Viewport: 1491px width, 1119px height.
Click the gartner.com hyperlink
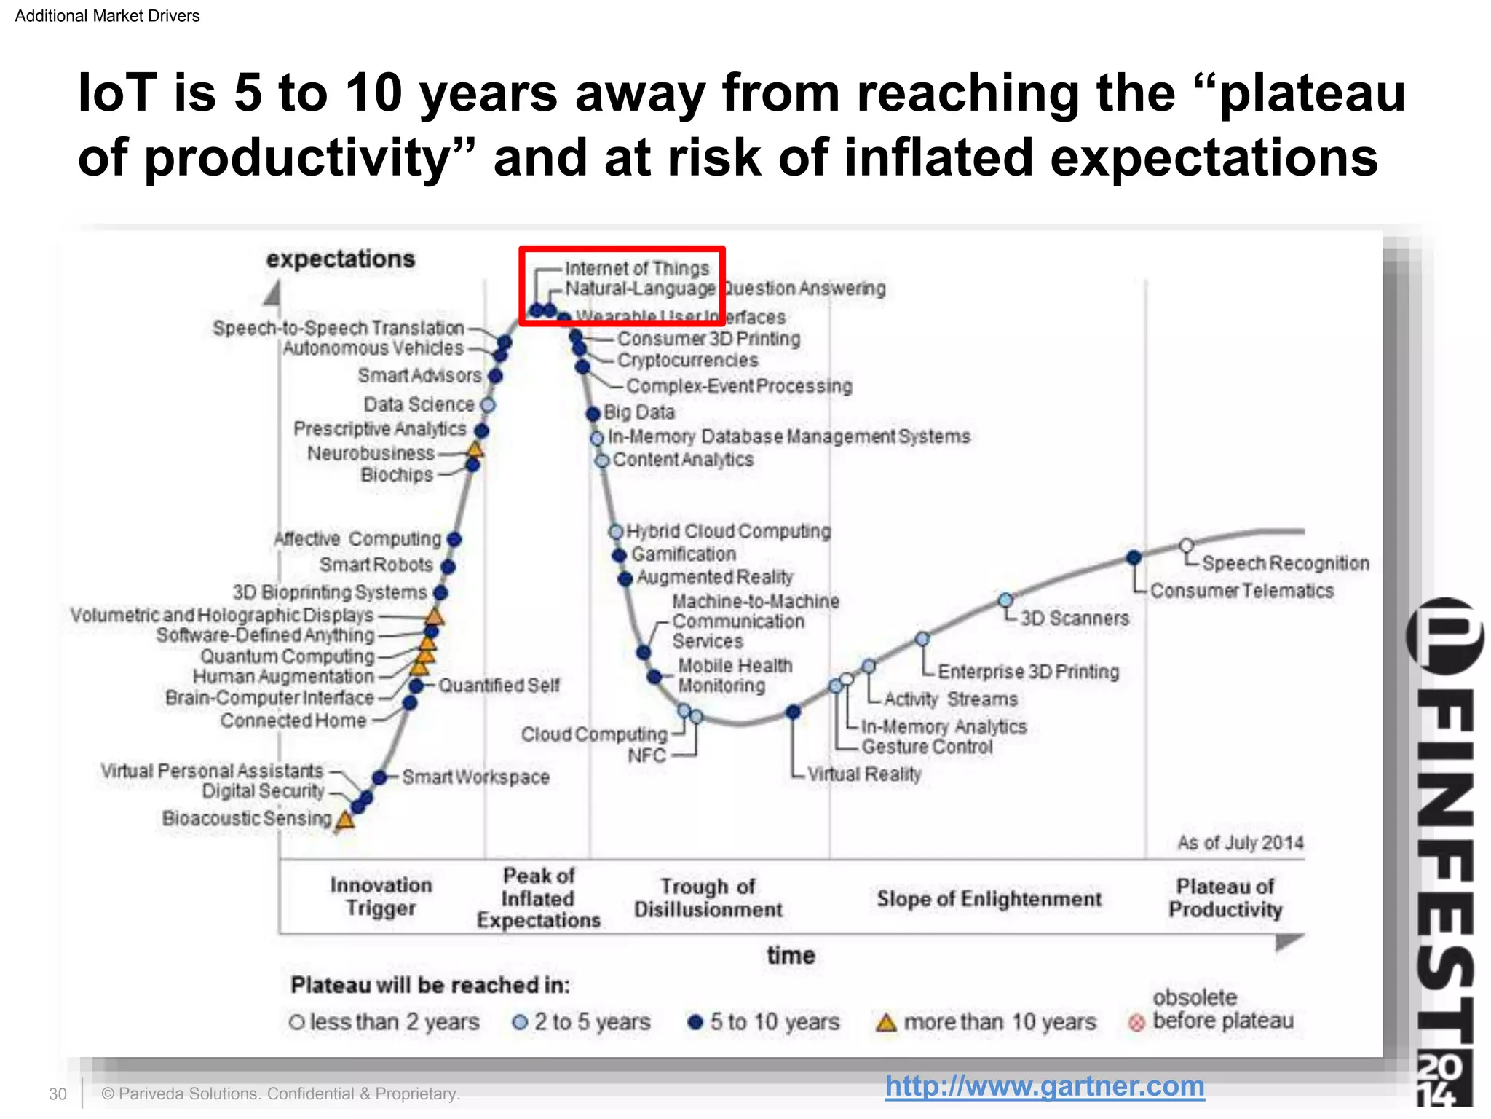tap(1044, 1086)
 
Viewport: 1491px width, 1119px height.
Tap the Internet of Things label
tap(636, 269)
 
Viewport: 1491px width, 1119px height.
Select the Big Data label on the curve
tap(638, 412)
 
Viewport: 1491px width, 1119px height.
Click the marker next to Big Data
tap(593, 414)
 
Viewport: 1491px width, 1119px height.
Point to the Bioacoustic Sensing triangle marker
tap(345, 820)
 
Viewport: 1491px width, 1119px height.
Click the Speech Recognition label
tap(1285, 563)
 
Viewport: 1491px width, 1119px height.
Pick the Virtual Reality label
tap(864, 774)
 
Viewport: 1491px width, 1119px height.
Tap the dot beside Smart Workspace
tap(379, 777)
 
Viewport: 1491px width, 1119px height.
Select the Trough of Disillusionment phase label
tap(708, 898)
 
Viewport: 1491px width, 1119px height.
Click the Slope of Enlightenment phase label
tap(989, 899)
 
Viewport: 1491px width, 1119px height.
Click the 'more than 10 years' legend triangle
tap(886, 1023)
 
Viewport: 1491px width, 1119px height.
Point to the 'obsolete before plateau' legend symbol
tap(1136, 1023)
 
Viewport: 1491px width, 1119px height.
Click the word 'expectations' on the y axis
tap(340, 259)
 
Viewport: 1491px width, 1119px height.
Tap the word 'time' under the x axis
tap(790, 955)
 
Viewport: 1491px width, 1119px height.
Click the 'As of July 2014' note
tap(1240, 843)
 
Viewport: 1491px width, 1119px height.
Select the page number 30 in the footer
tap(58, 1094)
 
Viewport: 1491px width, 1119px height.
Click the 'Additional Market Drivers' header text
tap(107, 16)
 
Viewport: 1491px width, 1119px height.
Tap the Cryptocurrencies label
tap(687, 361)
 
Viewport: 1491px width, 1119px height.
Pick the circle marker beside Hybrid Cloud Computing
tap(616, 531)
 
